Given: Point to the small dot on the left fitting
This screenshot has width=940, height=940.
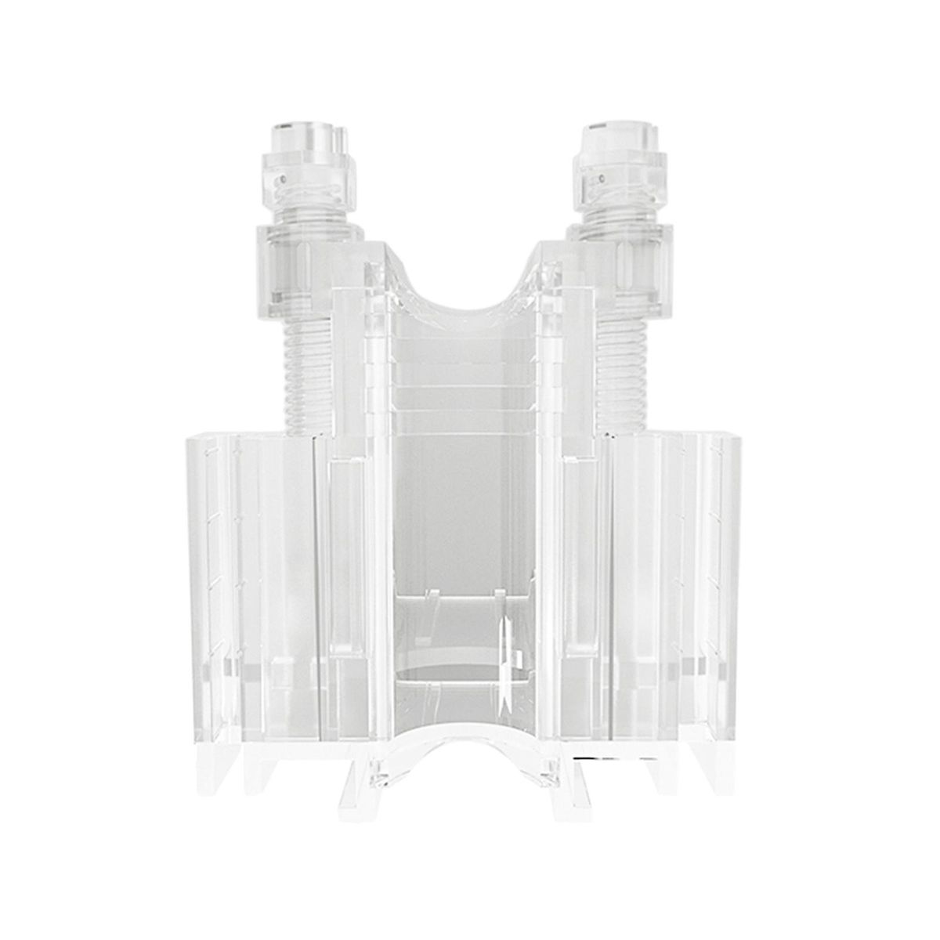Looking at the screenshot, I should pos(280,179).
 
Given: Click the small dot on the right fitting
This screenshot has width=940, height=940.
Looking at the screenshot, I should pos(602,179).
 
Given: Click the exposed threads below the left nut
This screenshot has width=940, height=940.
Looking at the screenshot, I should pos(301,368).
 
